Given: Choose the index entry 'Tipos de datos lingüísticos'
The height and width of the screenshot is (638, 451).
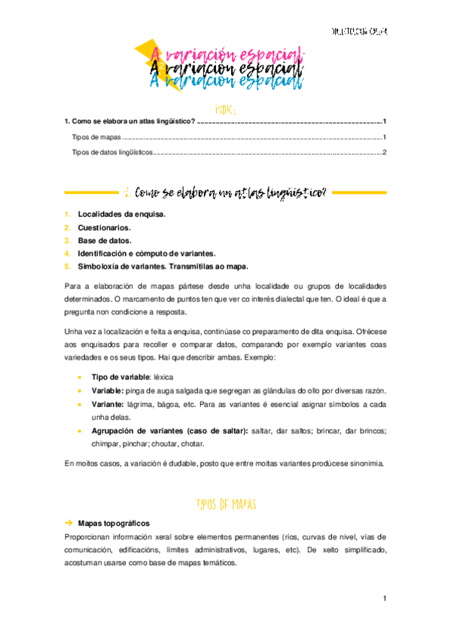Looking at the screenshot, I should click(111, 152).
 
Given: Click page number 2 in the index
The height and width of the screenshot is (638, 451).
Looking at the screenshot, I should click(384, 152).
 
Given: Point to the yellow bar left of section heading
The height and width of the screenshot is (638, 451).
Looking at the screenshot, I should click(91, 193).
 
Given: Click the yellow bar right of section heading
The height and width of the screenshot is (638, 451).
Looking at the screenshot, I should click(359, 193).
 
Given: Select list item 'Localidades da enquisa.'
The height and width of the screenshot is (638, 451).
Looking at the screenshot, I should click(121, 214).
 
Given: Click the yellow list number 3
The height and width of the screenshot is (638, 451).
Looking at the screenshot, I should click(67, 240).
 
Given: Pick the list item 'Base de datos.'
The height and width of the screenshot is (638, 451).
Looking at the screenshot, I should click(105, 240).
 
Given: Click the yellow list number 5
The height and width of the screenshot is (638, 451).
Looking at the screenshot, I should click(67, 266).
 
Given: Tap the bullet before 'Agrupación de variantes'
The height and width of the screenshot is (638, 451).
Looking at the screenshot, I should click(79, 431).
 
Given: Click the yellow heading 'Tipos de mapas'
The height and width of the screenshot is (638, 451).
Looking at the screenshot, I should click(226, 503).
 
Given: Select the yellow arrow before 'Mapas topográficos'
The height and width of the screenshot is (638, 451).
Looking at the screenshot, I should click(68, 522).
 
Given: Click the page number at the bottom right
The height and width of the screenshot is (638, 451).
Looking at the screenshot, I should click(384, 599).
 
